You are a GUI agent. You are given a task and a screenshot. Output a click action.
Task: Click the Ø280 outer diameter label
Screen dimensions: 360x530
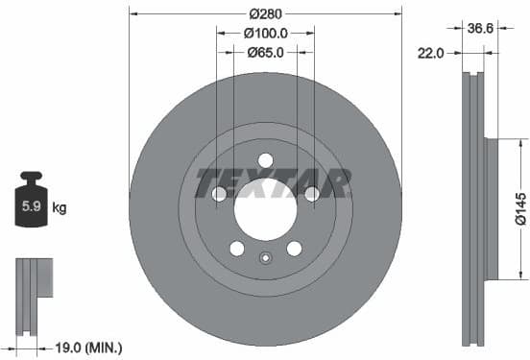[265, 14]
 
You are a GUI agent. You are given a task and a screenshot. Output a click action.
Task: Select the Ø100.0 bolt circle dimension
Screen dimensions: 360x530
[265, 34]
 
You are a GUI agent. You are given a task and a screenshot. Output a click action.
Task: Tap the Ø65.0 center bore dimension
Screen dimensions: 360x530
[265, 53]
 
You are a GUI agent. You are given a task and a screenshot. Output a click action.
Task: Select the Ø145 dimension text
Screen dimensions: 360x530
[519, 205]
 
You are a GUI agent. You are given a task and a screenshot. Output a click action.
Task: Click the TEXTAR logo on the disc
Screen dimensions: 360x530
[273, 180]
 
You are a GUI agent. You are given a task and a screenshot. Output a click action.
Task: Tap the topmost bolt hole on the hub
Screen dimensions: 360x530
[266, 159]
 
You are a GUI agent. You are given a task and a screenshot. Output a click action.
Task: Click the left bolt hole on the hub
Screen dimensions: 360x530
[219, 195]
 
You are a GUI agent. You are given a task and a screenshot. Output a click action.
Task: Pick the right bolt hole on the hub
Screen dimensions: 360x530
[312, 195]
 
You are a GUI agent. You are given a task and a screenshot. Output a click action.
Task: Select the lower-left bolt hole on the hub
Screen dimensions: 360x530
[237, 249]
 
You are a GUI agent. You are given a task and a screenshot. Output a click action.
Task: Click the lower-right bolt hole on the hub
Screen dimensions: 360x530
[294, 249]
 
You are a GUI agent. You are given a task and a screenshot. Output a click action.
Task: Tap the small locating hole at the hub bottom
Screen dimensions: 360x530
[266, 257]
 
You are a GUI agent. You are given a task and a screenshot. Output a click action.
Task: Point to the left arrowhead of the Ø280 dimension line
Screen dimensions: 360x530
[133, 14]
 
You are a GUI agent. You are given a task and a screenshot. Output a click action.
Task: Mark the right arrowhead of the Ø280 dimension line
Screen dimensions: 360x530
[397, 14]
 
